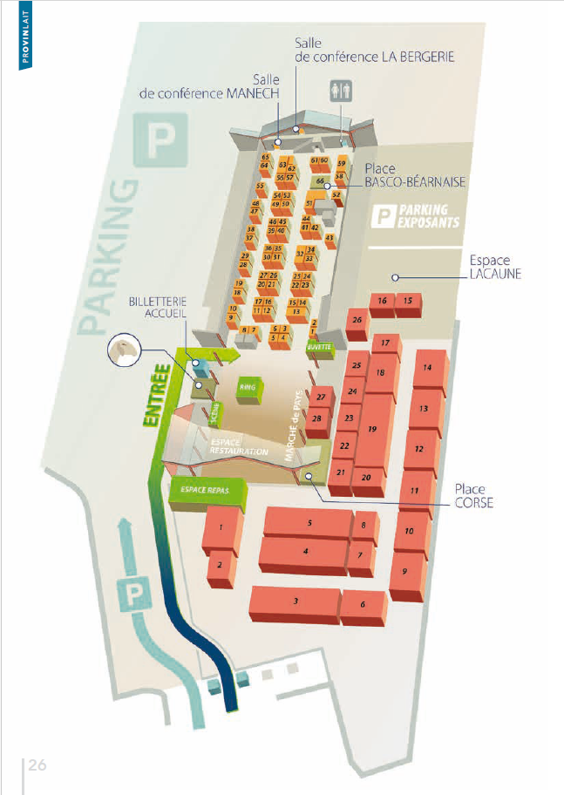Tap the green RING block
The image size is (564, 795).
pos(250,386)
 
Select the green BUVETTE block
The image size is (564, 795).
pos(320,347)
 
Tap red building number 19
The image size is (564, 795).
pos(373,430)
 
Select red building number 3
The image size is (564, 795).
pos(295,602)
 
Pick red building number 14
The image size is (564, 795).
pos(427,368)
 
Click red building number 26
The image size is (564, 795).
pos(357,321)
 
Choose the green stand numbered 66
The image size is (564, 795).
pos(320,181)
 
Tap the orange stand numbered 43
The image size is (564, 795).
pos(330,238)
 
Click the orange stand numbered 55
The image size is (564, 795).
pos(260,187)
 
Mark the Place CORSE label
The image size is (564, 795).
pos(473,496)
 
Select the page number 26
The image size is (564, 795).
pos(37,765)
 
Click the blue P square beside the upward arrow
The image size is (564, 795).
pos(134,596)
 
